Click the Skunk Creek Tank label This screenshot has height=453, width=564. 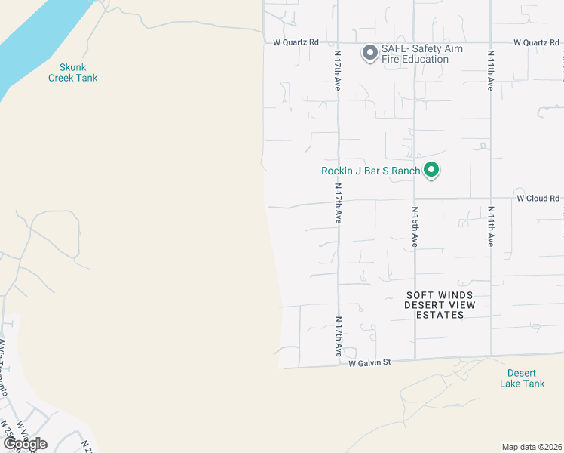click(72, 72)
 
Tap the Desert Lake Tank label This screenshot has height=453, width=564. click(521, 378)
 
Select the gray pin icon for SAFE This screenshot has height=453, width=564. click(369, 53)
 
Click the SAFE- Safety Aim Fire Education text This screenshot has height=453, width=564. click(421, 54)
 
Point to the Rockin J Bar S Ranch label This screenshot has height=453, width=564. click(370, 171)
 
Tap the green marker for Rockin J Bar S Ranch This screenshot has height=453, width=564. click(431, 170)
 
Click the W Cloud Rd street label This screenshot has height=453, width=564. click(538, 199)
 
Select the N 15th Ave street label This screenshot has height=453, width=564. click(415, 226)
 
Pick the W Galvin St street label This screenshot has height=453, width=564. click(369, 363)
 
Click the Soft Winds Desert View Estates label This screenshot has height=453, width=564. click(440, 305)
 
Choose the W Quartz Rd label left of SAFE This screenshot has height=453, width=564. click(296, 42)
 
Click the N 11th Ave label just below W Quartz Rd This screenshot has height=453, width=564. click(490, 71)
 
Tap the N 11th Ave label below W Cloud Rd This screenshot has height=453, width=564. click(490, 226)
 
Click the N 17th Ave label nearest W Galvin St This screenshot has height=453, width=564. click(339, 337)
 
